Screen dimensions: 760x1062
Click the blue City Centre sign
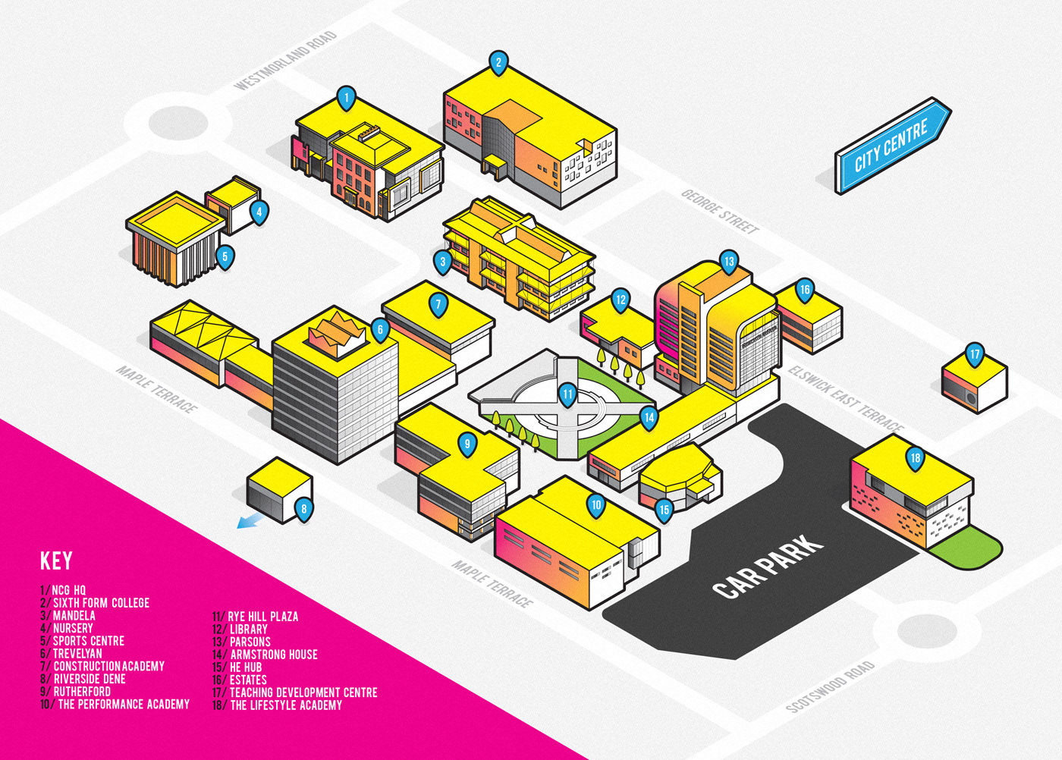tap(892, 146)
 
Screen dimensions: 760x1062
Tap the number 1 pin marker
tap(346, 98)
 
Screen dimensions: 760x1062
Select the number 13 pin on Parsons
tap(728, 262)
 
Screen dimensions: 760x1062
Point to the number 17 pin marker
tap(975, 354)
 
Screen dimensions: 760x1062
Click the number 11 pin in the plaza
tap(567, 394)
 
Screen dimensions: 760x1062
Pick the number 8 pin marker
tap(303, 509)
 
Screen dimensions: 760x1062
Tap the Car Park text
tap(768, 565)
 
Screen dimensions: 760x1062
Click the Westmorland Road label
tap(285, 61)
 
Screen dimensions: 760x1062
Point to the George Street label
tap(720, 212)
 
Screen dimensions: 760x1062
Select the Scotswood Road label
tap(831, 686)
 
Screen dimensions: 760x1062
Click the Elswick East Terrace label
tap(846, 399)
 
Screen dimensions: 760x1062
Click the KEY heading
tap(56, 561)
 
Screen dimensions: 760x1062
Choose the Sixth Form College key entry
tap(96, 603)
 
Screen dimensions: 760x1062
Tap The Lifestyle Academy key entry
tap(278, 705)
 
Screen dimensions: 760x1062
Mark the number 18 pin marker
tap(916, 458)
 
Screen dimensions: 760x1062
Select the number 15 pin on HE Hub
tap(664, 510)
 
